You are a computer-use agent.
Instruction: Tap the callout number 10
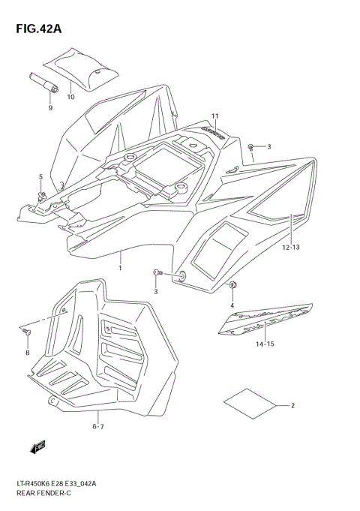tap(70, 97)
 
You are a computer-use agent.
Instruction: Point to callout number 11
tap(214, 116)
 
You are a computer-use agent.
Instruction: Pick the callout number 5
tap(41, 176)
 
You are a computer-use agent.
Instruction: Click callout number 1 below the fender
tap(119, 267)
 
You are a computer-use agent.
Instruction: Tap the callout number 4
tap(232, 305)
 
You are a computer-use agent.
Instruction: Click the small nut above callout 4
tap(234, 284)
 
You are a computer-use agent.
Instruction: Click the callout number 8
tap(28, 352)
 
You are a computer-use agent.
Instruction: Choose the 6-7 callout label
tap(98, 426)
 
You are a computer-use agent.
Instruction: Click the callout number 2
tap(292, 406)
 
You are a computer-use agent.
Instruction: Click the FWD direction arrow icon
tap(37, 447)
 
